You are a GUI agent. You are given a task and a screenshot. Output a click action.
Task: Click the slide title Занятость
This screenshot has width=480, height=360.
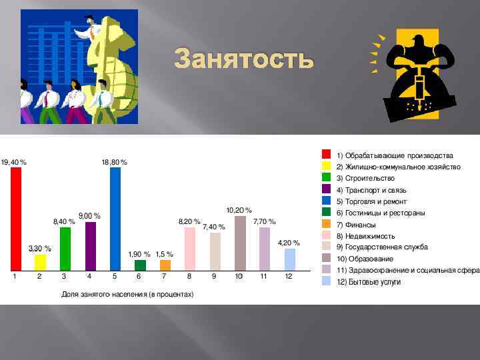[x=243, y=59]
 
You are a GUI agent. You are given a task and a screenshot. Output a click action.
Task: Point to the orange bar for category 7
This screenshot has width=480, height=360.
[x=165, y=265]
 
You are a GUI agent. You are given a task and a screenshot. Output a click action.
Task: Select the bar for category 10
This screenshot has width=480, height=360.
[x=240, y=243]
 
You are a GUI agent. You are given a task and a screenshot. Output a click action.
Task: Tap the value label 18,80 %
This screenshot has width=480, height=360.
[x=115, y=162]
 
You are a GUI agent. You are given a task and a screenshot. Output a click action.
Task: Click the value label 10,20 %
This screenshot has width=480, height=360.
[x=239, y=210]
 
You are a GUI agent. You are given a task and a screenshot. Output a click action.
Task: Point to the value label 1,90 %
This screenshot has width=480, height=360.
[x=139, y=254]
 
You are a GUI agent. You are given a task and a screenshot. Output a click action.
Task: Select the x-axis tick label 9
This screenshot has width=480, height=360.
[x=214, y=276]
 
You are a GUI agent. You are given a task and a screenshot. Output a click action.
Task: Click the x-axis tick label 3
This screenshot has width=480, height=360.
[x=64, y=276]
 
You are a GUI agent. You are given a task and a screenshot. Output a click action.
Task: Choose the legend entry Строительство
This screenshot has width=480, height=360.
[x=365, y=178]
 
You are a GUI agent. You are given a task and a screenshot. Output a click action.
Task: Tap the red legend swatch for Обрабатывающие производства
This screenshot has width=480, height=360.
[x=326, y=155]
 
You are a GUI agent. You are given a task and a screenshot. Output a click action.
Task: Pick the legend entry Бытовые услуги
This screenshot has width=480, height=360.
[x=368, y=282]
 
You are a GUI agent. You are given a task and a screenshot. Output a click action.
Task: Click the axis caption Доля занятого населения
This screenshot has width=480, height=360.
[x=127, y=293]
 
